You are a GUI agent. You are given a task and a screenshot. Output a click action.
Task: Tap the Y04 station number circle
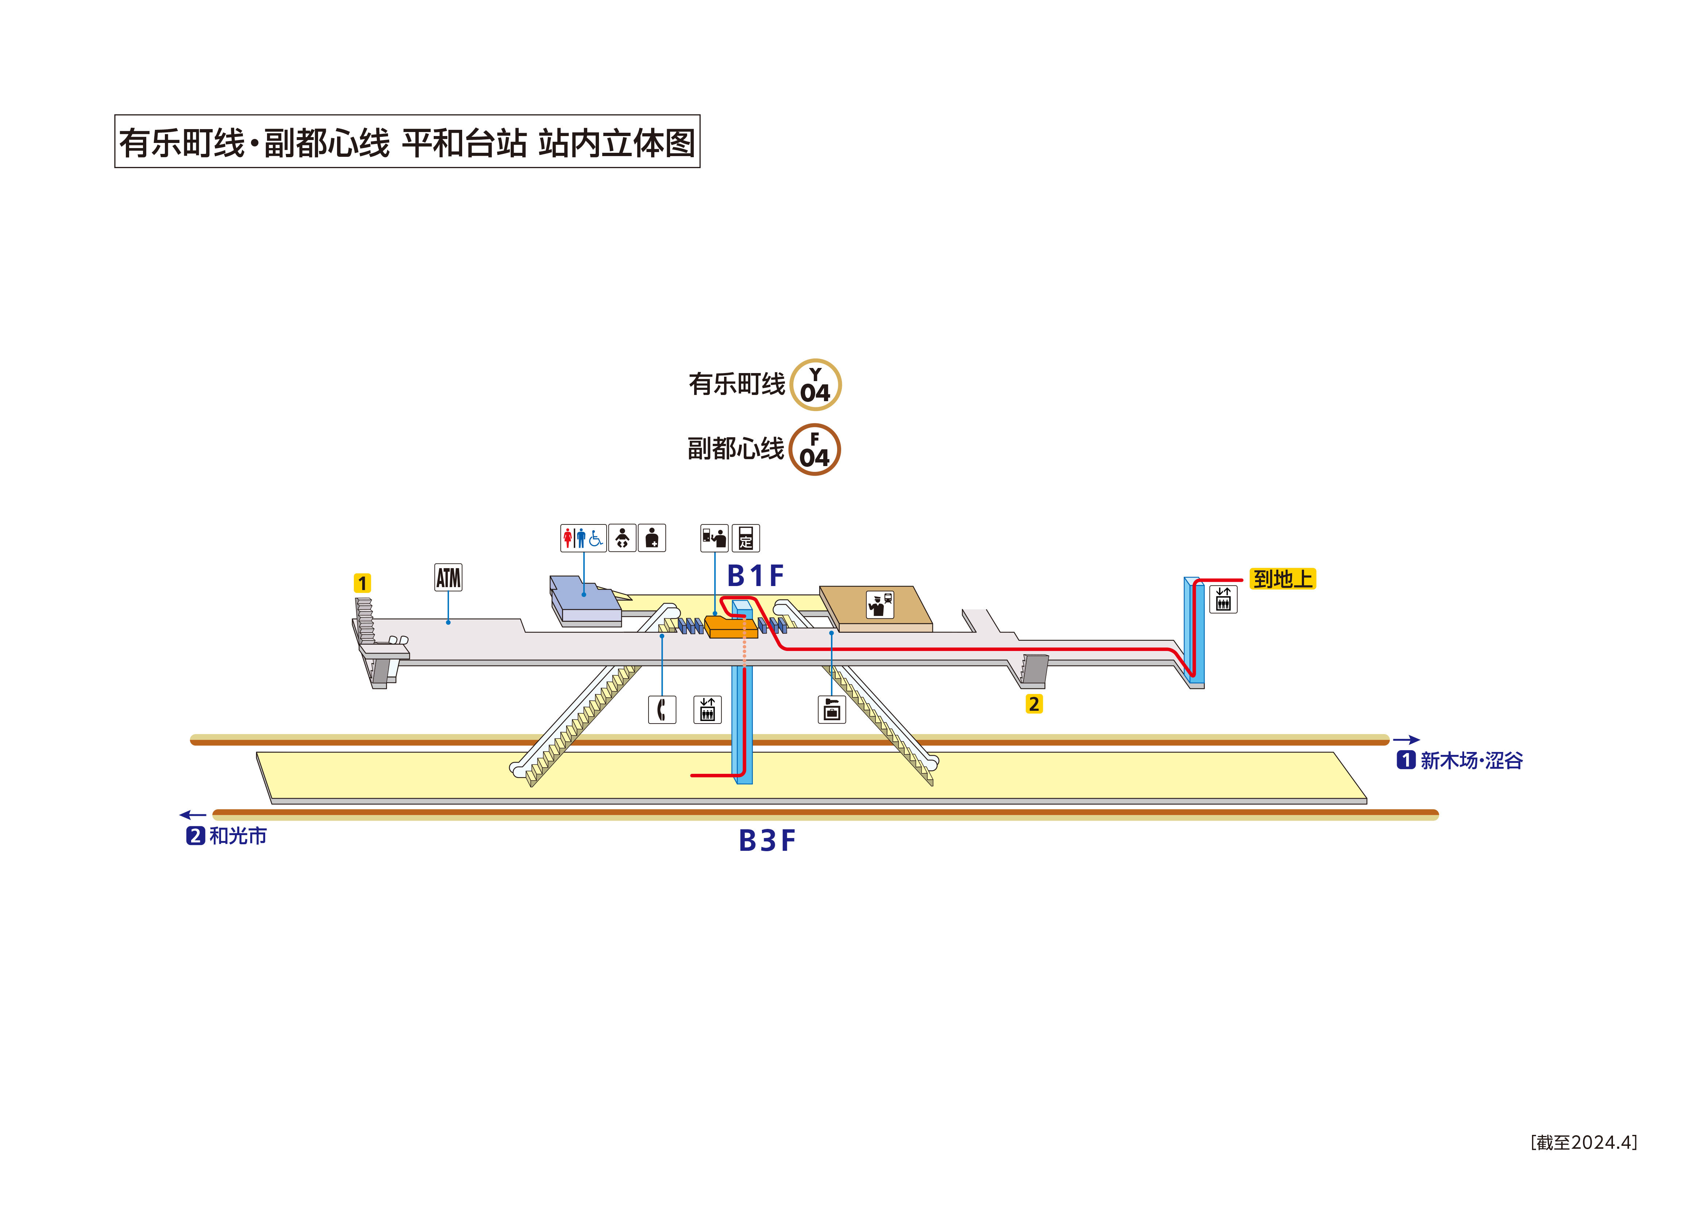click(x=815, y=385)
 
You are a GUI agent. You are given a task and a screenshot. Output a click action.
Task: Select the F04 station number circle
click(x=815, y=450)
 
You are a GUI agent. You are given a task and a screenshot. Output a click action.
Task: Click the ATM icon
click(x=448, y=577)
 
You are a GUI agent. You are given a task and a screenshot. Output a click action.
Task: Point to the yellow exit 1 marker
click(x=362, y=583)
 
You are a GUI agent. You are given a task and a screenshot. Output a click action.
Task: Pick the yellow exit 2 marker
click(x=1033, y=704)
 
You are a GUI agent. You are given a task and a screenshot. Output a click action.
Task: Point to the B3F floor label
click(x=767, y=841)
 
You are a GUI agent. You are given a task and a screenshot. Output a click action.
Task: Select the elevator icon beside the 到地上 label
click(x=1223, y=599)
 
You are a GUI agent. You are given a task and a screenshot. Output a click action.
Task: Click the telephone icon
click(x=661, y=710)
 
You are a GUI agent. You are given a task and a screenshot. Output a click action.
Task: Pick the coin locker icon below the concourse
click(x=831, y=710)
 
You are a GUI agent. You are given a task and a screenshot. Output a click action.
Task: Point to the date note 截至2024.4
click(x=1583, y=1142)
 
